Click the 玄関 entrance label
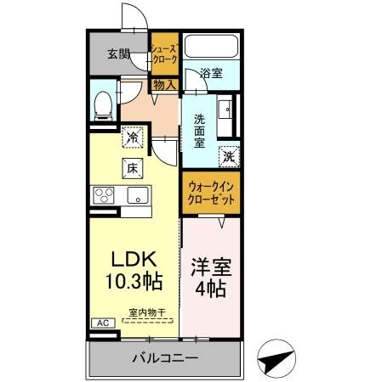pos(118,55)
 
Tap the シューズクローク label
pos(164,55)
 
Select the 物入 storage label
pos(164,84)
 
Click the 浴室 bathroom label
pos(211,74)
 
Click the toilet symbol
pos(103,104)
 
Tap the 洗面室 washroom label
pos(199,131)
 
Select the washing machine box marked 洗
pos(229,155)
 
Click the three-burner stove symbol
pos(105,195)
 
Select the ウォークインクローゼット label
pos(211,192)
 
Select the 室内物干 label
pos(145,312)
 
